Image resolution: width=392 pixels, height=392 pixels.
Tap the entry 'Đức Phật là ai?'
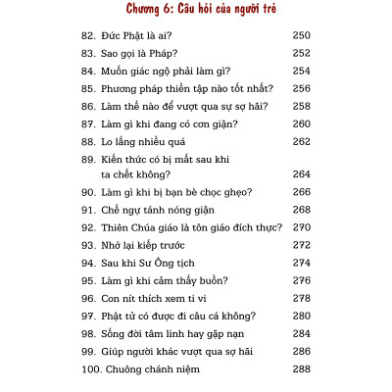[x=139, y=34]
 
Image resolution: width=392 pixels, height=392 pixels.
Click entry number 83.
[x=88, y=53]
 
